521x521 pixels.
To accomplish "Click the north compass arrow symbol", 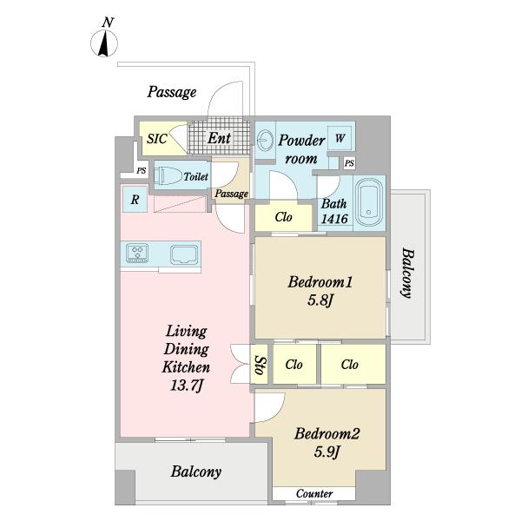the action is coord(104,43).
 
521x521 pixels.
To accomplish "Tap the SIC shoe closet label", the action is coord(157,139).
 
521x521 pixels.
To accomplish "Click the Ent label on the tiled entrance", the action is coord(220,137).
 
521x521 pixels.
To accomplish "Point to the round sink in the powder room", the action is coord(265,140).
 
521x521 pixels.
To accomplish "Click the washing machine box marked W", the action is coord(340,138).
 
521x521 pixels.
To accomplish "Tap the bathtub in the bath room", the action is coord(369,203).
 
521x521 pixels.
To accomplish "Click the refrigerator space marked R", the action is coord(135,200).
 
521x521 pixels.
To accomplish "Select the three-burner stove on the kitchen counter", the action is coord(137,254).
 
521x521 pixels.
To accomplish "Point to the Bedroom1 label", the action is coord(320,282).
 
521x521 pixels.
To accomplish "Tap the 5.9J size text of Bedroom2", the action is coord(327,452).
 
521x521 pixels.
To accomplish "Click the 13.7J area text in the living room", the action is coord(186,386).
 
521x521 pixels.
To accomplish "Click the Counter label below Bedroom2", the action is coord(314,493).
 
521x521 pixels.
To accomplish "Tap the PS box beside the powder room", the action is coord(349,163).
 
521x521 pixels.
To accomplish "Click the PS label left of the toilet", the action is coord(142,170).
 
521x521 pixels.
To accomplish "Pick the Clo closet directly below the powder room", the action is coord(283,217).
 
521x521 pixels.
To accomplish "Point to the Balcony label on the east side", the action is coord(407,273).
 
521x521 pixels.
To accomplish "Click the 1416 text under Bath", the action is coord(334,219).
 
